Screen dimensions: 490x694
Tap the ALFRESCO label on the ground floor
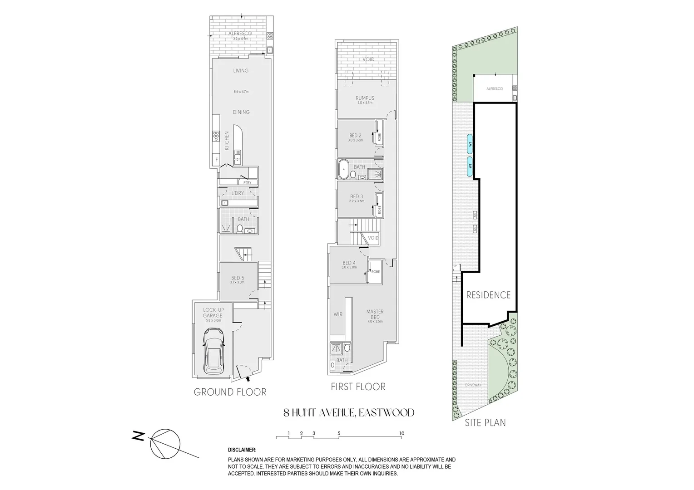click(x=240, y=34)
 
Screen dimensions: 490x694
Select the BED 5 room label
click(x=238, y=278)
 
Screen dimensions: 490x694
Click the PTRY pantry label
click(x=247, y=182)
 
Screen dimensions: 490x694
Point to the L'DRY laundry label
click(x=238, y=193)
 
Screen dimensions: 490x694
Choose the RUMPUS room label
click(x=365, y=98)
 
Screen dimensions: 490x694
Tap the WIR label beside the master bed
click(x=338, y=314)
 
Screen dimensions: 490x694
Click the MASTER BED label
click(x=375, y=314)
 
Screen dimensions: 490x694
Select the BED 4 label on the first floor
click(x=349, y=263)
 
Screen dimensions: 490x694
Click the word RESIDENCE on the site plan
click(x=489, y=295)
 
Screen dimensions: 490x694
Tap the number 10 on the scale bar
click(x=402, y=433)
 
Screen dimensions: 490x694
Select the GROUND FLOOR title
click(x=230, y=392)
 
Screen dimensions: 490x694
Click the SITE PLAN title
click(x=485, y=422)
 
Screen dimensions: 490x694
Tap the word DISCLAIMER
click(x=242, y=450)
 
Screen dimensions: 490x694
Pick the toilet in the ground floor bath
click(x=239, y=229)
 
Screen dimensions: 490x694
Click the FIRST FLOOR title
click(x=359, y=387)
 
